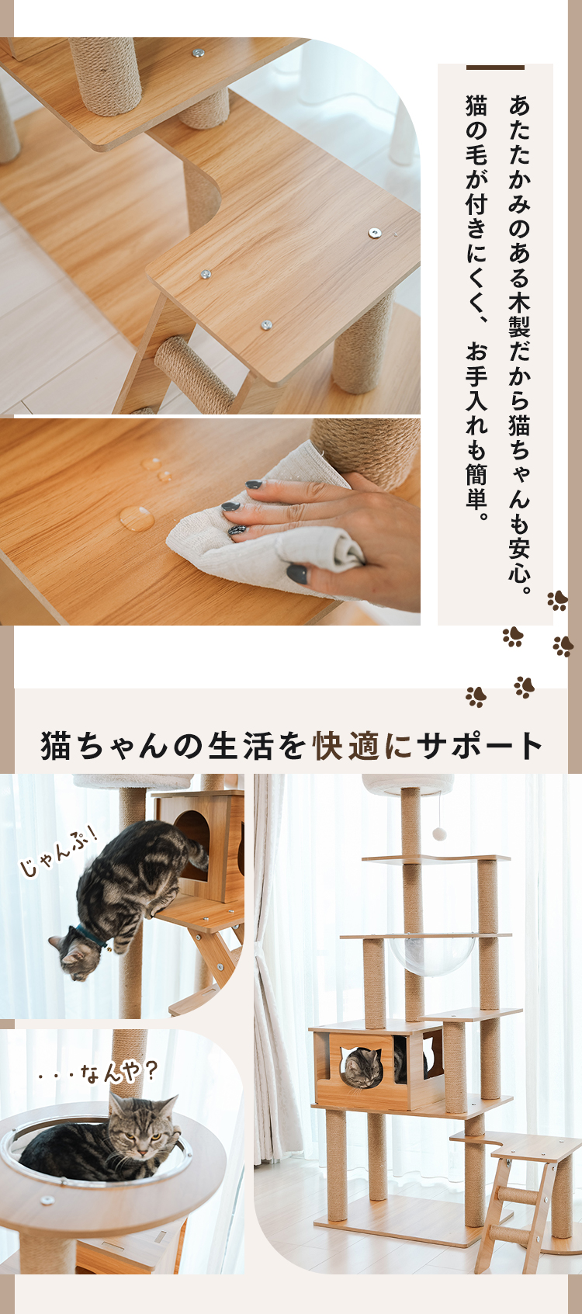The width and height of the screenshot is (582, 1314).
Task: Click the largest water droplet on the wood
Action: click(x=137, y=518)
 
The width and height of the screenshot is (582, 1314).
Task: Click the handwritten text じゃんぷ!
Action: click(x=59, y=853)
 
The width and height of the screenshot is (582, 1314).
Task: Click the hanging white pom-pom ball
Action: click(x=439, y=834)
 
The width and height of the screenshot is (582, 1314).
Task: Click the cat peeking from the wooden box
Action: click(x=362, y=1066)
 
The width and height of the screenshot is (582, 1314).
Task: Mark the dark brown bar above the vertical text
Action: click(x=495, y=68)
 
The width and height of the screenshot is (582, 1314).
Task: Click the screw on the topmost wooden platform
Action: click(x=199, y=54)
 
